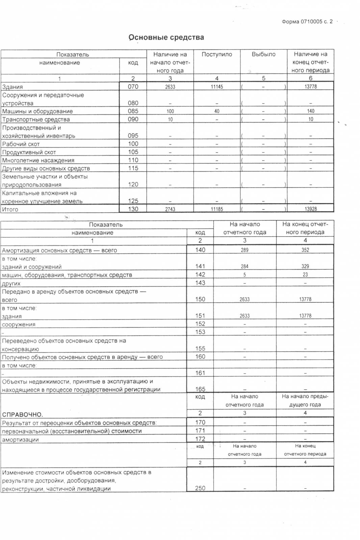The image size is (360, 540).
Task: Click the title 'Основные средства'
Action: tap(166, 37)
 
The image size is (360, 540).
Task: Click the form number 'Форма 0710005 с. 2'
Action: tap(307, 22)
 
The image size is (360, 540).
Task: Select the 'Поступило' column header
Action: tap(217, 54)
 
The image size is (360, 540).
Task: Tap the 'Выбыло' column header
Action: tap(263, 54)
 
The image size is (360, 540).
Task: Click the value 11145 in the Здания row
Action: tap(217, 87)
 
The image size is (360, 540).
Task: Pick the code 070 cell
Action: tap(133, 86)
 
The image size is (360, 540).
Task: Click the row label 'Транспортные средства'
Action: tap(36, 119)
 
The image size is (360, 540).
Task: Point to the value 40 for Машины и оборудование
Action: tap(217, 111)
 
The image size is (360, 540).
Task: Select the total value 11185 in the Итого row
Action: tap(217, 209)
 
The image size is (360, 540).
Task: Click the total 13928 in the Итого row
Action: tap(311, 209)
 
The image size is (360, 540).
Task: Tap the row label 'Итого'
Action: tap(10, 210)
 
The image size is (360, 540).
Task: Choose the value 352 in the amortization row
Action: tap(305, 250)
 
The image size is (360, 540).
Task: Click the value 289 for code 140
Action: tap(245, 250)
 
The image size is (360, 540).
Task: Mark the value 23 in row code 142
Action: tap(305, 275)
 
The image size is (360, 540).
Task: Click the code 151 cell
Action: tap(200, 316)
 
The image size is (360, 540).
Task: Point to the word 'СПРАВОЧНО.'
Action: tap(23, 414)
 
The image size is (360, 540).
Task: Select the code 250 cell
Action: tap(200, 488)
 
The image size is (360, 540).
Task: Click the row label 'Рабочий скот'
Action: tap(21, 144)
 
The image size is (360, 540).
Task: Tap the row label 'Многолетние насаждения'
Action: tap(38, 160)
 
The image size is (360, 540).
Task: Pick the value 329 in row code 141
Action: tap(305, 266)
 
